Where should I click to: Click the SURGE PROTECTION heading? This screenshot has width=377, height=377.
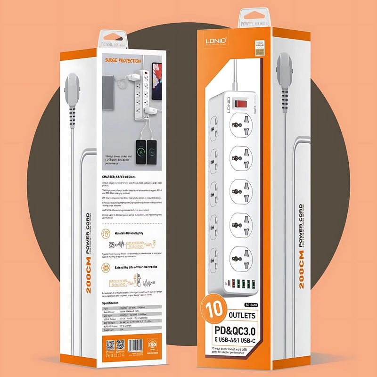point(123,61)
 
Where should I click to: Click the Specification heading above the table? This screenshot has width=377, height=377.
point(114,303)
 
